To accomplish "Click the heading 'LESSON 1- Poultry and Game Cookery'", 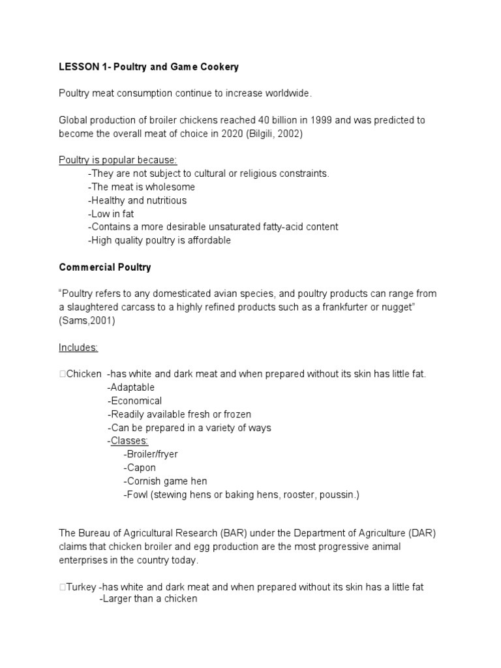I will (x=149, y=67).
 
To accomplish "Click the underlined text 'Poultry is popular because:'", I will (x=113, y=160).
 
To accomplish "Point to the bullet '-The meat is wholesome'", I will (x=141, y=187).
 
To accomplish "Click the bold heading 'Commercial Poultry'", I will (x=105, y=267).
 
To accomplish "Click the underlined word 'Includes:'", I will (x=78, y=348).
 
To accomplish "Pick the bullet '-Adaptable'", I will (x=131, y=387).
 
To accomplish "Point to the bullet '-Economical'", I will (x=134, y=401).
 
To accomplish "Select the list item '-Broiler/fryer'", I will (x=150, y=454).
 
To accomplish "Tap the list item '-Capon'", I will (x=139, y=468).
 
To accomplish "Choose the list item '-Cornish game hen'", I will (x=164, y=481).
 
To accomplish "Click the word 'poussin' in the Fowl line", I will (x=337, y=494).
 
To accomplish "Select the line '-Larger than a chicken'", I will (x=148, y=598).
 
